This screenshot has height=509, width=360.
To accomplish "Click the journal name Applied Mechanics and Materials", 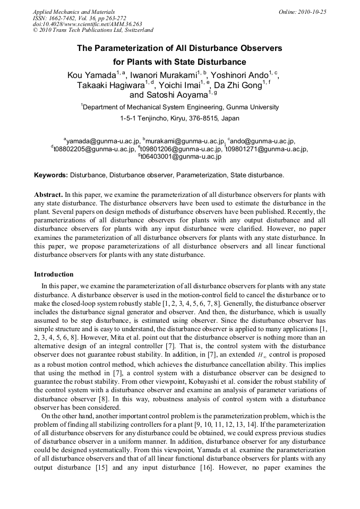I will tap(74, 11).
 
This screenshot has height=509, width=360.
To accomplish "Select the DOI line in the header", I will tap(80, 24).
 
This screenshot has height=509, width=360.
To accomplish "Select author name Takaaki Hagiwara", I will tap(110, 85).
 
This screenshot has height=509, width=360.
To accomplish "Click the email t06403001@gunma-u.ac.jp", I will tap(181, 157).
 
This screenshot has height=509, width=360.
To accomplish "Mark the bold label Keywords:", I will tap(51, 175).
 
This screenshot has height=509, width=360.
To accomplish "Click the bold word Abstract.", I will tap(48, 195).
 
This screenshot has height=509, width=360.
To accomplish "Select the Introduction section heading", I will tap(54, 274).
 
